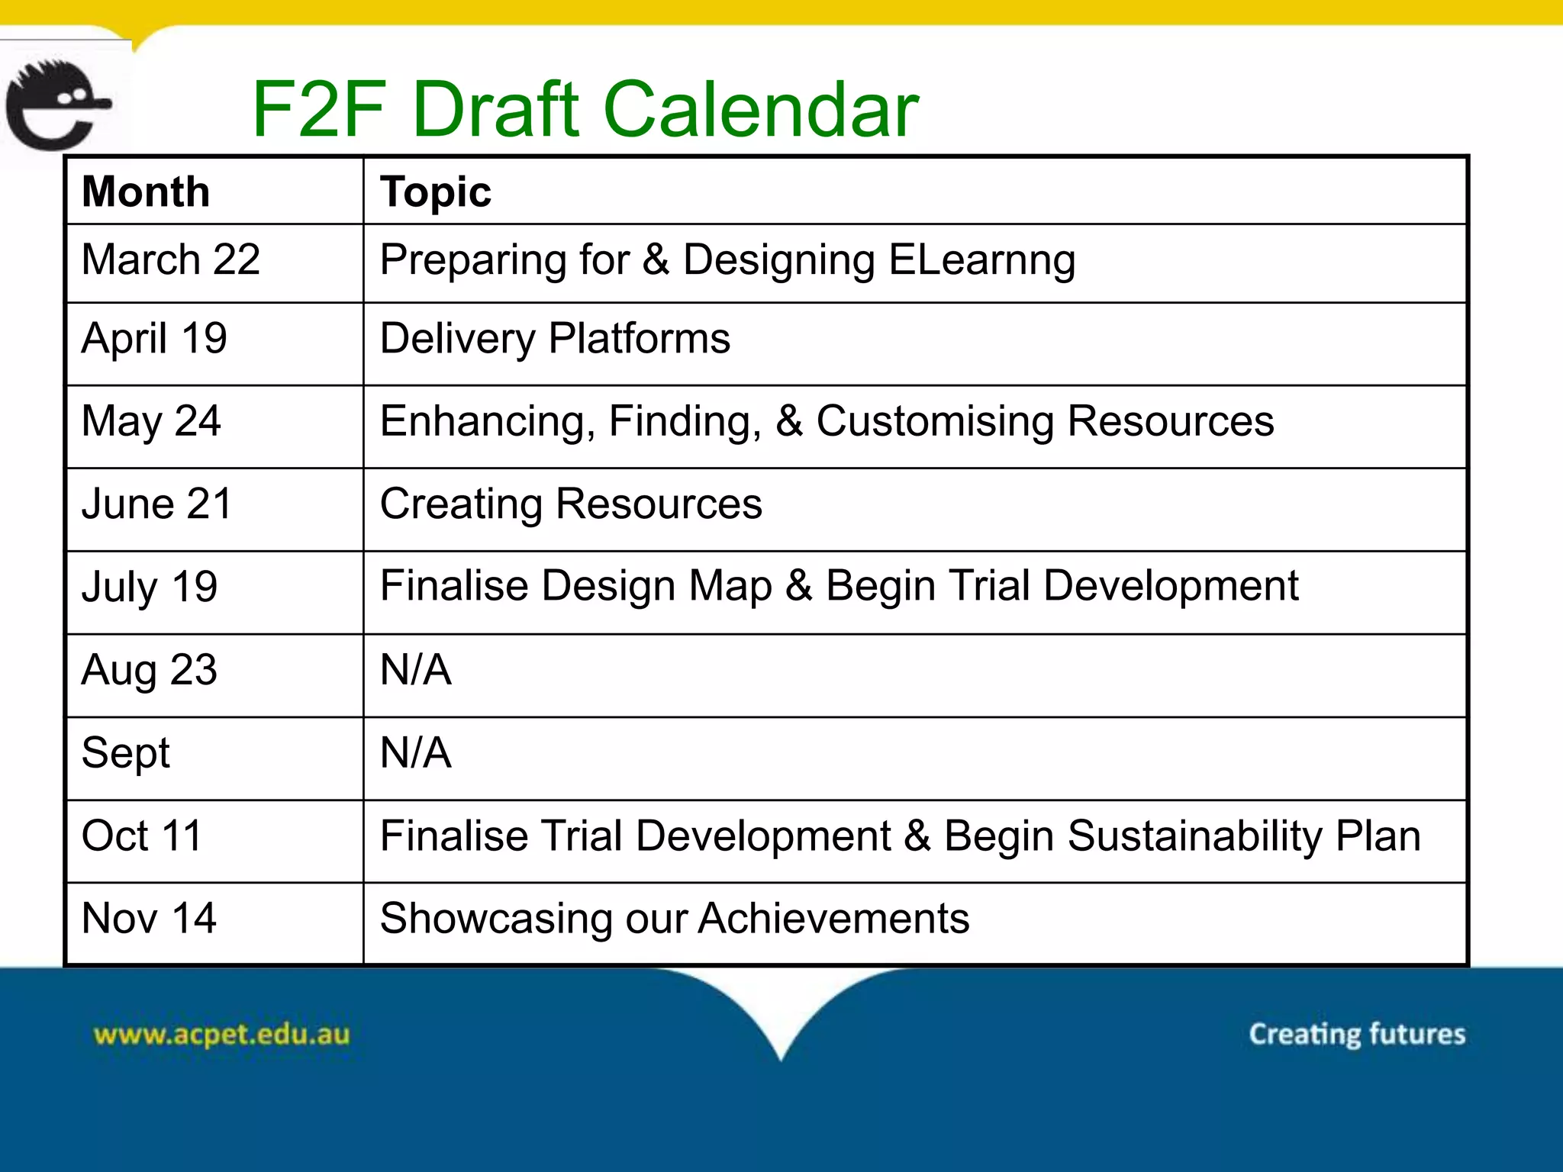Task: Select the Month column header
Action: tap(146, 191)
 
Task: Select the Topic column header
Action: tap(436, 191)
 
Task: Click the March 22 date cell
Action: tap(171, 259)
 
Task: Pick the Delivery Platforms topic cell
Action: tap(555, 339)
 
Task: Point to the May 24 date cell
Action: tap(151, 421)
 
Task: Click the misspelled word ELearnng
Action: tap(981, 260)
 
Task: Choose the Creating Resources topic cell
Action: tap(571, 504)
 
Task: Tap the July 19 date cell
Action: tap(150, 587)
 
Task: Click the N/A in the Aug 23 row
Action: tap(416, 670)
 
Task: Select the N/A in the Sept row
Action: tap(416, 752)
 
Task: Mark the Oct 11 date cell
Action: tap(142, 836)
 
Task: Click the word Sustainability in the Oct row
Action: tap(1194, 836)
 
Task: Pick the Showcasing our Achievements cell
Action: tap(675, 918)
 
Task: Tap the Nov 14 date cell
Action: tap(149, 918)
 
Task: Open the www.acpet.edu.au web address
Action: tap(221, 1035)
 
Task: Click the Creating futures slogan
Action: tap(1357, 1034)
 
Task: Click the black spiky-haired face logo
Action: tap(57, 105)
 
